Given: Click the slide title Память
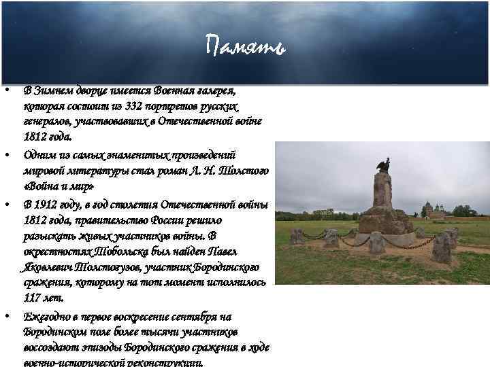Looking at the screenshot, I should (x=245, y=47).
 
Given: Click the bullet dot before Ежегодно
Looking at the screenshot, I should (x=6, y=317).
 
